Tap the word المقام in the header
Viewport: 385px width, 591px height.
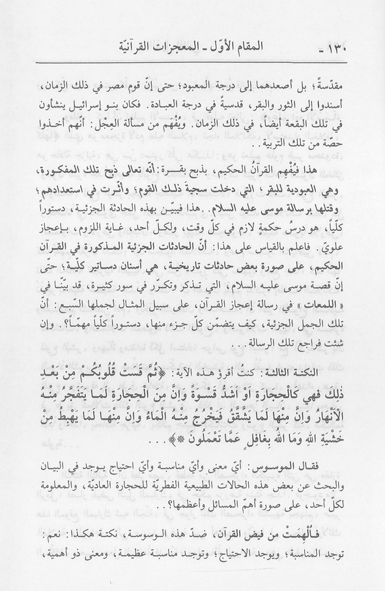[x=276, y=48]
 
